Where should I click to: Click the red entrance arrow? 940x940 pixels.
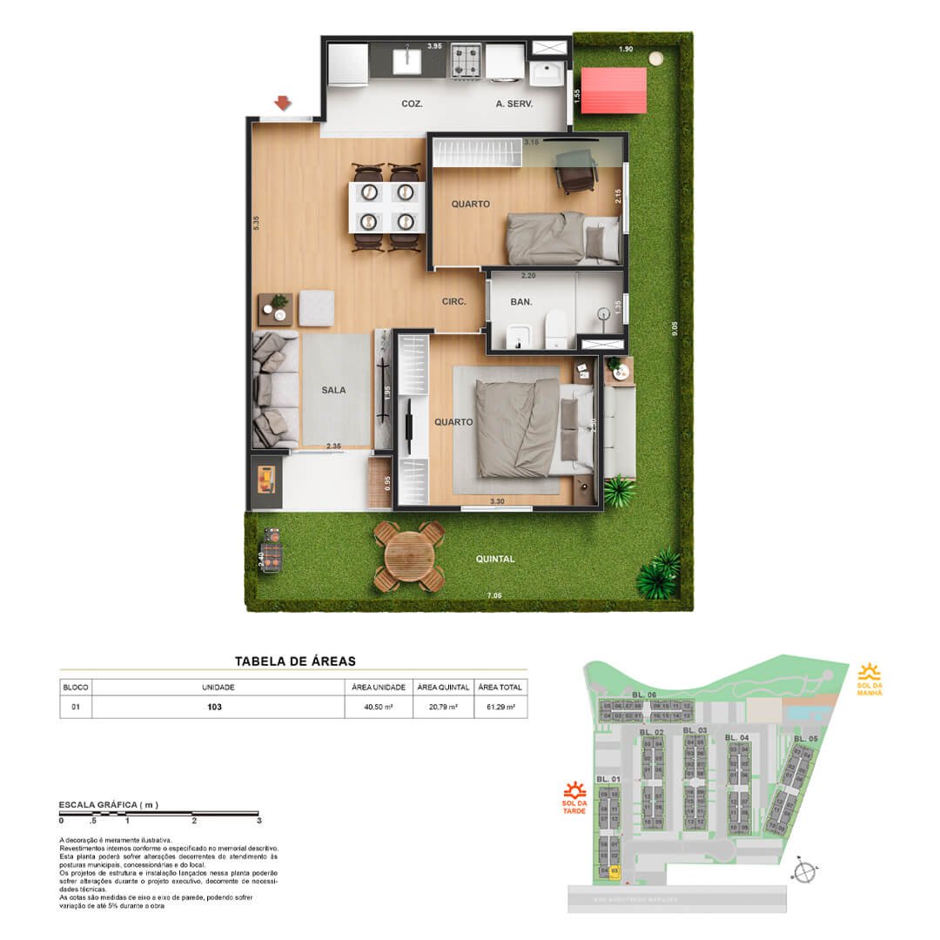pyautogui.click(x=282, y=104)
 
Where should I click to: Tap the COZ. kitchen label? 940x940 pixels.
pyautogui.click(x=412, y=104)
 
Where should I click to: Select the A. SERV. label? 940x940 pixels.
pyautogui.click(x=514, y=104)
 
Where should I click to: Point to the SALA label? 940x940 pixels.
pyautogui.click(x=332, y=390)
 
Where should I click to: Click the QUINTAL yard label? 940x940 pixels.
pyautogui.click(x=495, y=560)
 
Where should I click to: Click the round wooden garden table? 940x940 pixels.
pyautogui.click(x=408, y=554)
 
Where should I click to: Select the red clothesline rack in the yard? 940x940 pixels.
pyautogui.click(x=614, y=90)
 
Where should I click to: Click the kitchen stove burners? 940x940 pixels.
pyautogui.click(x=466, y=59)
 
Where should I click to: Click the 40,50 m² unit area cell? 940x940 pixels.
pyautogui.click(x=379, y=708)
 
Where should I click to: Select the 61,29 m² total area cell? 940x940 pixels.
pyautogui.click(x=500, y=708)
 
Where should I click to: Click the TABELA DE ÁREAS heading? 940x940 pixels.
pyautogui.click(x=295, y=661)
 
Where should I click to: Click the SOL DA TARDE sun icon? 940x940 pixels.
pyautogui.click(x=574, y=791)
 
